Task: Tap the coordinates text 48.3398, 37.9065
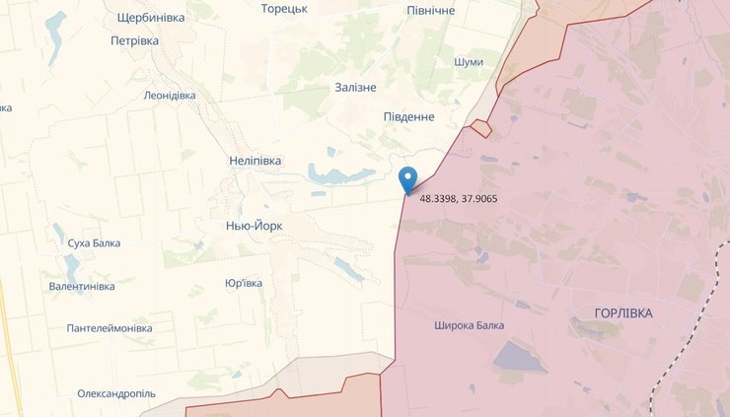(458, 199)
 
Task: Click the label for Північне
(431, 10)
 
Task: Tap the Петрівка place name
(135, 41)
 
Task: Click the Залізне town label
(356, 88)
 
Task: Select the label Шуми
(469, 62)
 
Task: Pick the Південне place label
(408, 117)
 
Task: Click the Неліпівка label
(255, 161)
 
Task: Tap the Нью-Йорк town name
(255, 226)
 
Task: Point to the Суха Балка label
(94, 243)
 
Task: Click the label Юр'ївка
(244, 283)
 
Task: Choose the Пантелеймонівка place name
(109, 327)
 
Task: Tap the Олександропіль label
(116, 393)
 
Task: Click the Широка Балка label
(469, 325)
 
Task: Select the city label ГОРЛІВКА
(623, 313)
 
